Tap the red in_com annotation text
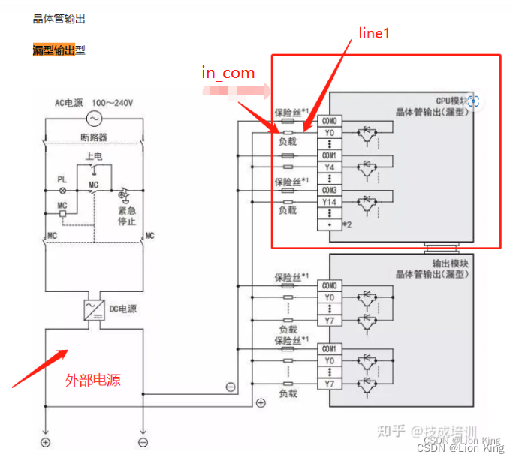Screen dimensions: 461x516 pyautogui.click(x=228, y=73)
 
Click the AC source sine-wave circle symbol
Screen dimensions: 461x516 pyautogui.click(x=95, y=119)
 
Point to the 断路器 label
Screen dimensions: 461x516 pyautogui.click(x=95, y=137)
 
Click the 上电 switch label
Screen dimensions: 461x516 pyautogui.click(x=94, y=156)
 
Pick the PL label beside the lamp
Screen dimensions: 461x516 pyautogui.click(x=62, y=180)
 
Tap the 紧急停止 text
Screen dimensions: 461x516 pyautogui.click(x=127, y=215)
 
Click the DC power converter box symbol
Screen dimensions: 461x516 pyautogui.click(x=95, y=309)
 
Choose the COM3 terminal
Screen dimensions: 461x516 pyautogui.click(x=329, y=190)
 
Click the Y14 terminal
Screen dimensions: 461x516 pyautogui.click(x=329, y=202)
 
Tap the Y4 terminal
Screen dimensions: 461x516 pyautogui.click(x=329, y=167)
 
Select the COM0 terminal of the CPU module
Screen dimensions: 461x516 pyautogui.click(x=329, y=121)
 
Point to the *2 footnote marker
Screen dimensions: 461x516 pyautogui.click(x=347, y=224)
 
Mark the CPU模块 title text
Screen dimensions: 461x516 pyautogui.click(x=451, y=101)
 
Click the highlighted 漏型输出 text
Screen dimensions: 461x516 pyautogui.click(x=54, y=50)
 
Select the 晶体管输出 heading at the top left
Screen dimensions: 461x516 pyautogui.click(x=59, y=18)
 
